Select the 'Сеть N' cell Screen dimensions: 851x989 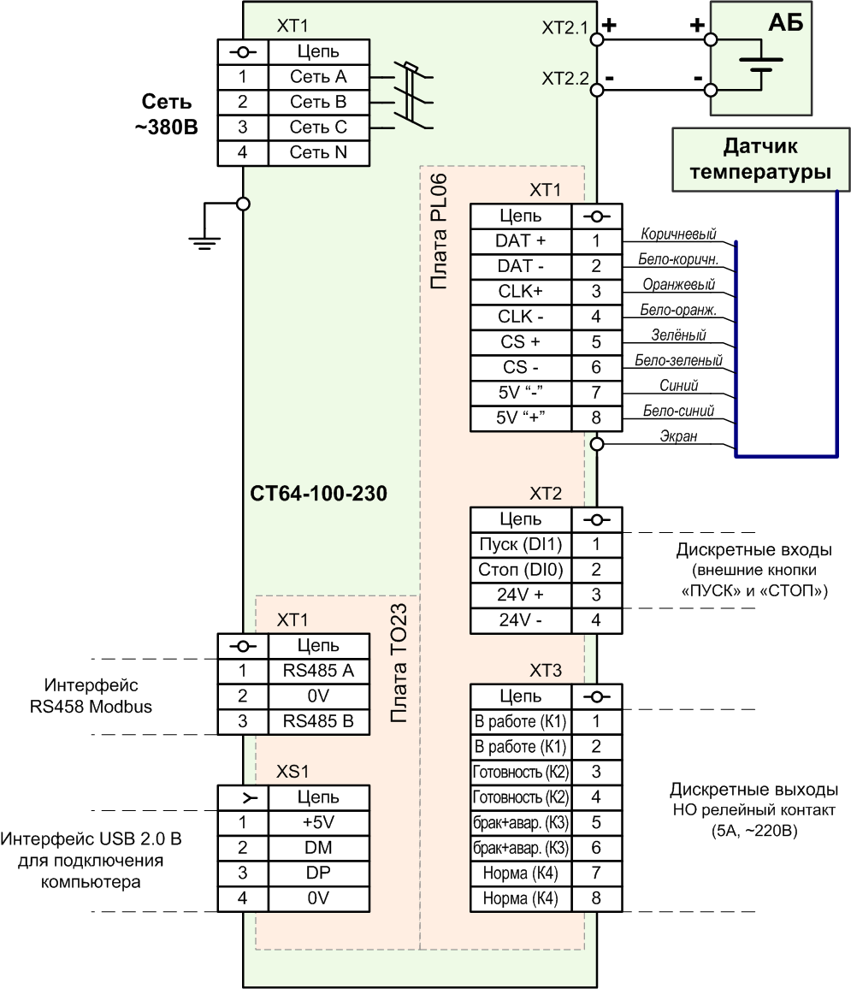tap(318, 152)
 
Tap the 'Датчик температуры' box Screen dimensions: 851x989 tap(761, 160)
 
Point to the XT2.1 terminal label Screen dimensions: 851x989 tap(564, 27)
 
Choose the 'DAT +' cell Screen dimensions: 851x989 tap(521, 241)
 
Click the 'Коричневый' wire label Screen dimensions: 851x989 tap(678, 234)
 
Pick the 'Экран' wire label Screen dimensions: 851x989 tap(678, 435)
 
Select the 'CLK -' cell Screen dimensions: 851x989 tap(521, 317)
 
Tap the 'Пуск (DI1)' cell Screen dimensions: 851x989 tap(521, 544)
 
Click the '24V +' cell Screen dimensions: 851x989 tap(521, 595)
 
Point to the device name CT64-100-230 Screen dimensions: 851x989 tap(318, 494)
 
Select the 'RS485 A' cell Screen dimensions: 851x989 tap(318, 671)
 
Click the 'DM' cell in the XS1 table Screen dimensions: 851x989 tap(318, 848)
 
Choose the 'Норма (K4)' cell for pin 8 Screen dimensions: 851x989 tap(521, 898)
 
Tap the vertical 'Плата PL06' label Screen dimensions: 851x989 tap(439, 232)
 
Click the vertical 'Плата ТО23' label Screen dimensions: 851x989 tap(399, 664)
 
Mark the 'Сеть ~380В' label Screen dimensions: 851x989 tap(167, 114)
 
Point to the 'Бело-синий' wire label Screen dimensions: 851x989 tap(678, 411)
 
